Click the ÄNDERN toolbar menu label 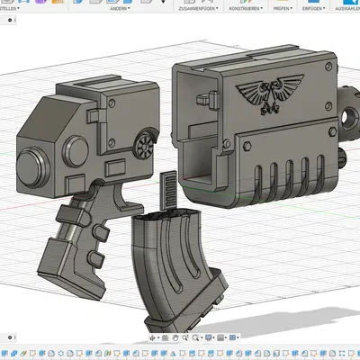click(x=119, y=8)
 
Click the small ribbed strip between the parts click(x=163, y=192)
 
